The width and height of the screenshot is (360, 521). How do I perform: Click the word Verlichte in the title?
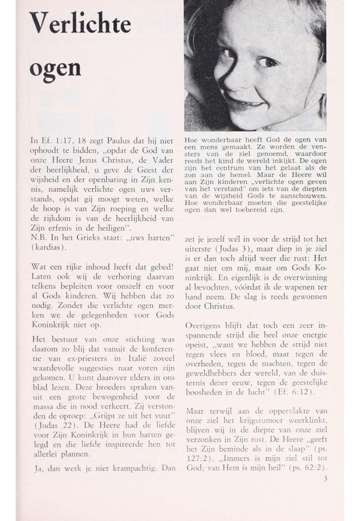pyautogui.click(x=80, y=24)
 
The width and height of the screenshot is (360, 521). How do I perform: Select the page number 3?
pyautogui.click(x=325, y=479)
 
